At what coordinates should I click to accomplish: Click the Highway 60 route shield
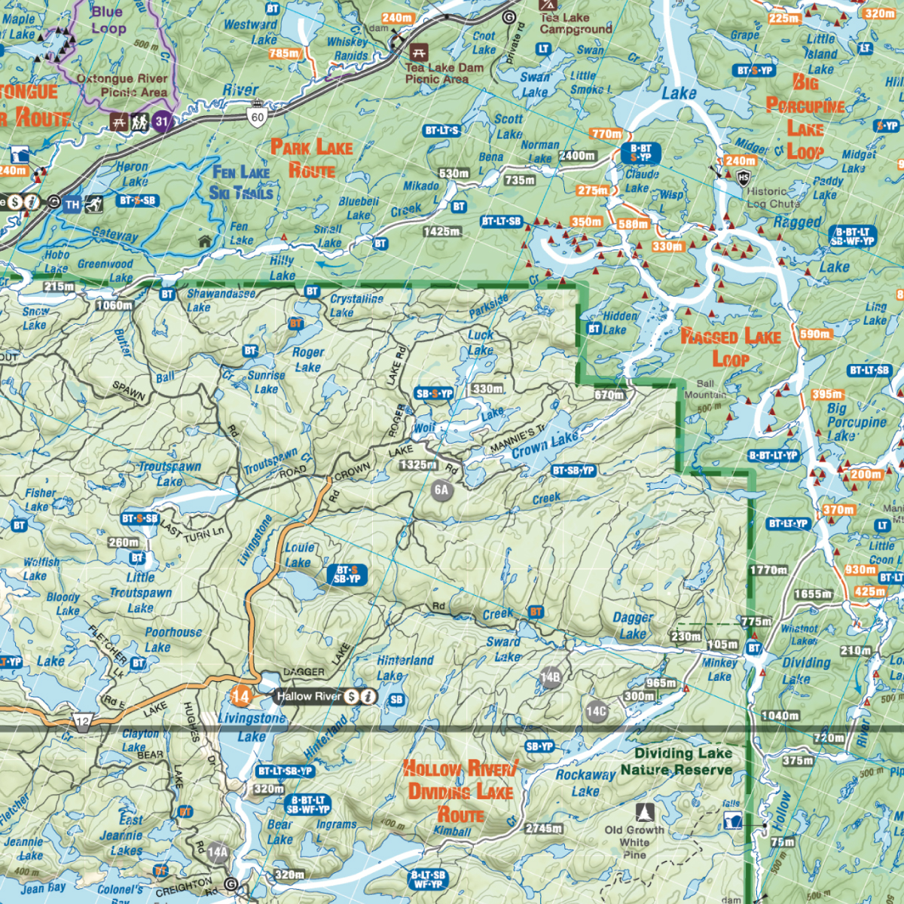pos(258,116)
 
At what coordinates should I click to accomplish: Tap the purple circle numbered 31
pos(162,121)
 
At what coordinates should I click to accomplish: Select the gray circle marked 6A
pos(441,490)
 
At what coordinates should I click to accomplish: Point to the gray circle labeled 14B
pos(551,677)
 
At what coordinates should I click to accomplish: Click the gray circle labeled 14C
pos(596,711)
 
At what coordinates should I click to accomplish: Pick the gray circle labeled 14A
pos(217,853)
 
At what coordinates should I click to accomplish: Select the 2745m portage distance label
pos(544,829)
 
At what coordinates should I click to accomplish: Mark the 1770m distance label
pos(768,570)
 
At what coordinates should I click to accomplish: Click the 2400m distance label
pos(577,156)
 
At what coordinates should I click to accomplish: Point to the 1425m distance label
pos(442,231)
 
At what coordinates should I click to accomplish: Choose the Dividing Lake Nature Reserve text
pos(676,762)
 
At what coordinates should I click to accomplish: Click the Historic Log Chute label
pos(773,197)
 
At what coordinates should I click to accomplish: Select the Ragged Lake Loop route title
pos(730,347)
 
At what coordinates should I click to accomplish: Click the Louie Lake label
pos(298,555)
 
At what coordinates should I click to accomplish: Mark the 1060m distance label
pos(115,305)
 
